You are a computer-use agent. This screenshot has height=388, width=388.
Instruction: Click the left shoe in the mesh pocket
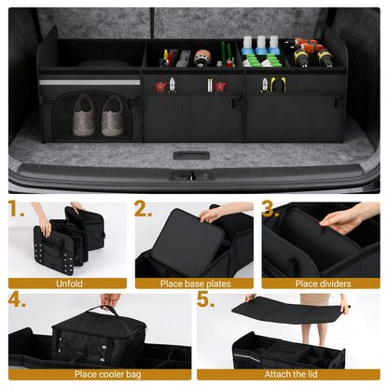point(82,115)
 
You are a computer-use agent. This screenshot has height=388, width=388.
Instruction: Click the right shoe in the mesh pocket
point(112,115)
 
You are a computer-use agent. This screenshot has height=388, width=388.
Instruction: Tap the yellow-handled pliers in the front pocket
point(278,86)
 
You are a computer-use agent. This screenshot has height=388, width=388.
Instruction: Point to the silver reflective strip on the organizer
point(90,82)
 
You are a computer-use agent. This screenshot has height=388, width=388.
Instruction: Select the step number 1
point(18,209)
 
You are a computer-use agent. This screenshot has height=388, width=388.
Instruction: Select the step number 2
point(143,209)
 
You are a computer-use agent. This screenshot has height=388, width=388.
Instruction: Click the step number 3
point(270,209)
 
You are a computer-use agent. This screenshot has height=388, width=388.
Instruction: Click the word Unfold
point(67,283)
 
